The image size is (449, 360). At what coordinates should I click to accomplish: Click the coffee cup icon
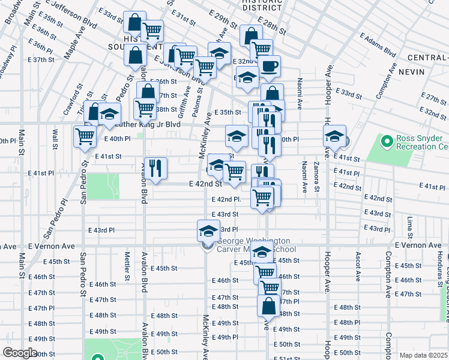tap(270, 66)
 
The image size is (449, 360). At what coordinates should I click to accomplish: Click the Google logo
tap(20, 353)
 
